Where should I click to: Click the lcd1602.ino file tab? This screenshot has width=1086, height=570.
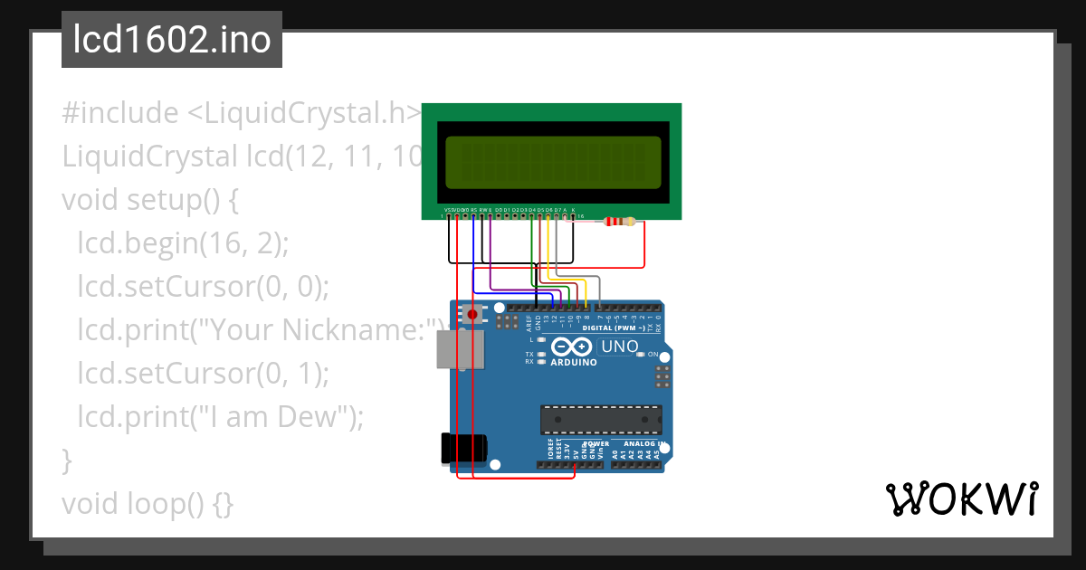click(172, 40)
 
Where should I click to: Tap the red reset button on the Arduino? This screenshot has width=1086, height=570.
click(472, 314)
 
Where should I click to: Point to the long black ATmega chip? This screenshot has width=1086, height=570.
click(601, 420)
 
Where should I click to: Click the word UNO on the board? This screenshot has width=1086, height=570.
click(619, 347)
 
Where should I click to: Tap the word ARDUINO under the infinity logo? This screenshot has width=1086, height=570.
click(574, 362)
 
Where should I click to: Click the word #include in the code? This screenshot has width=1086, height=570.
click(119, 114)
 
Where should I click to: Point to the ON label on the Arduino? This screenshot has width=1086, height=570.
click(652, 355)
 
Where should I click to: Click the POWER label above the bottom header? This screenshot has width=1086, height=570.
click(596, 444)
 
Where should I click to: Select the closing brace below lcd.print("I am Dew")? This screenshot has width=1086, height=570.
click(67, 461)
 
